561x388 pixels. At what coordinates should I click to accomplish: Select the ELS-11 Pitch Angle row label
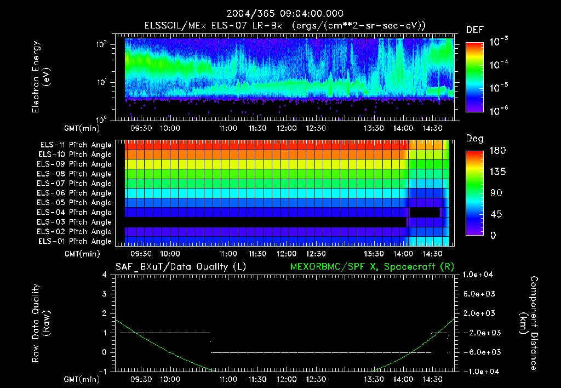tap(76, 145)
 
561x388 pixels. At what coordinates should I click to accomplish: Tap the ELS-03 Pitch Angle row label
tap(76, 222)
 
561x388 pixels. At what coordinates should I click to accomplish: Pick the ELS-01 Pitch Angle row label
tap(76, 241)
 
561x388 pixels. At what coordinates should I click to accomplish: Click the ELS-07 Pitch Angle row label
tap(76, 183)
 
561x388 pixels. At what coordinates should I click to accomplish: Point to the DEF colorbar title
tap(474, 30)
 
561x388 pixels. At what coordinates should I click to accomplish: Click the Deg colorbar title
tap(474, 138)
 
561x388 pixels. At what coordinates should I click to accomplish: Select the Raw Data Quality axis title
tap(41, 323)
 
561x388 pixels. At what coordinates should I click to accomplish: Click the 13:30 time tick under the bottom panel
tap(374, 379)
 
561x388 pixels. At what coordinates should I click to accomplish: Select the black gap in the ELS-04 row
tap(425, 212)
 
